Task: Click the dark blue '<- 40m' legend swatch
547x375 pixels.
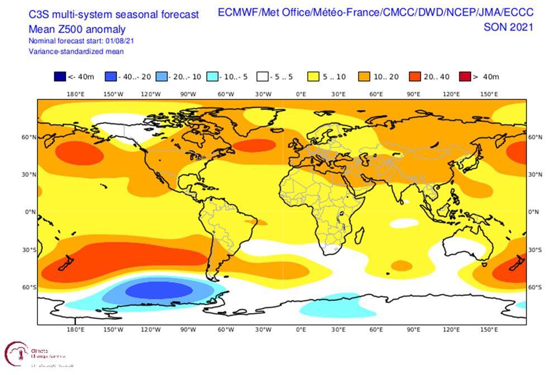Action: pos(60,77)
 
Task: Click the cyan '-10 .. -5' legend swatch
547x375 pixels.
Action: pos(212,77)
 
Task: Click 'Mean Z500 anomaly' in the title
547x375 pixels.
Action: pos(77,30)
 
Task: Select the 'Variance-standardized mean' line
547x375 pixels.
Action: pos(76,51)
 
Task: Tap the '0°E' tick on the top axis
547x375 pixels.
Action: pos(301,94)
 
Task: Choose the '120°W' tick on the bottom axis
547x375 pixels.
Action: pos(150,329)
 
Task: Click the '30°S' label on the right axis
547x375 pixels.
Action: pos(535,249)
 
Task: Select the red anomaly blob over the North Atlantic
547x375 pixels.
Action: pos(254,145)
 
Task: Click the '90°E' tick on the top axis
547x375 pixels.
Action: pos(413,94)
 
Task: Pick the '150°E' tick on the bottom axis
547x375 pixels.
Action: pos(489,329)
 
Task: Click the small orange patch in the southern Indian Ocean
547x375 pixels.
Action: pos(401,265)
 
